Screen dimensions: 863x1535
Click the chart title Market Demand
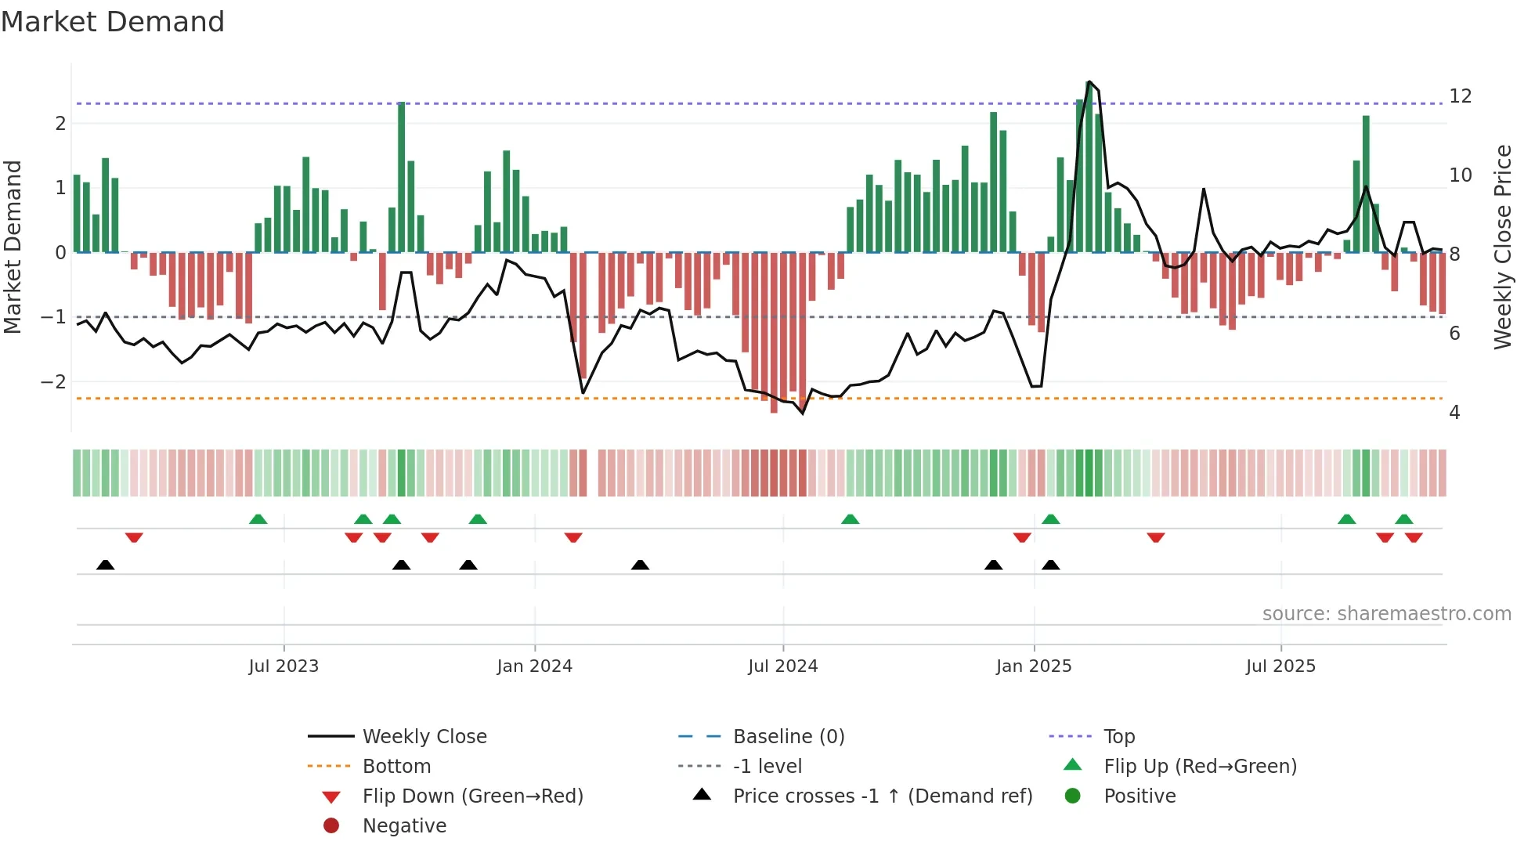(x=113, y=22)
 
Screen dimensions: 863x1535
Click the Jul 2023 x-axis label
(x=284, y=666)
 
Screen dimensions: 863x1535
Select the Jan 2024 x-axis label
(x=534, y=666)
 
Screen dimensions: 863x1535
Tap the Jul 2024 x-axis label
(x=782, y=666)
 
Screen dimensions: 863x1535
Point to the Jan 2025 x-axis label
(x=1034, y=666)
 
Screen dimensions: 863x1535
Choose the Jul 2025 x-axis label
(x=1280, y=666)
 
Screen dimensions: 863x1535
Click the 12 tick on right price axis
(x=1460, y=96)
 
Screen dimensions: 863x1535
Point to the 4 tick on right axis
(x=1454, y=413)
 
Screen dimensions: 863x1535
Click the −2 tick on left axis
(x=53, y=382)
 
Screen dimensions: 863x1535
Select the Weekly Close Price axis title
(x=1502, y=247)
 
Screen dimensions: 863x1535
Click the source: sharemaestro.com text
(x=1386, y=614)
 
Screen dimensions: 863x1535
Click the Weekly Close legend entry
(x=424, y=737)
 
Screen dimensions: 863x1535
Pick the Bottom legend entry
(x=396, y=767)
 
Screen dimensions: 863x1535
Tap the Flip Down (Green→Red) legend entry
(x=472, y=796)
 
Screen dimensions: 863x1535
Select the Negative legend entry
(x=404, y=826)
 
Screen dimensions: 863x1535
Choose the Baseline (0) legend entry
(x=788, y=737)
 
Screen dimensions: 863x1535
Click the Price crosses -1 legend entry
(x=882, y=796)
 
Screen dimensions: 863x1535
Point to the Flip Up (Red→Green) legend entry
(x=1200, y=767)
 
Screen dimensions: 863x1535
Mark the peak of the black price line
(x=1089, y=81)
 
